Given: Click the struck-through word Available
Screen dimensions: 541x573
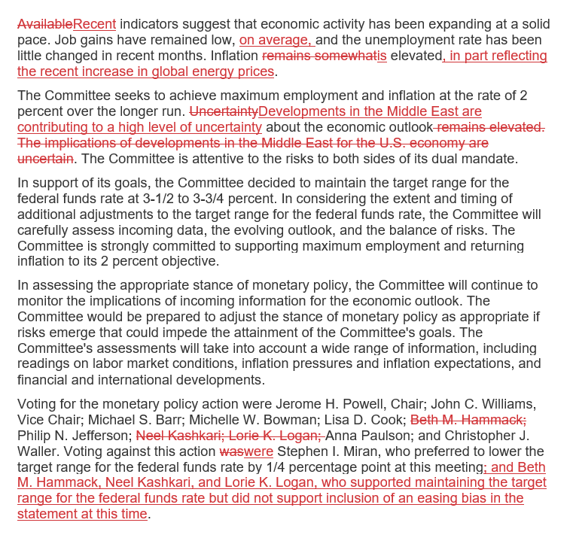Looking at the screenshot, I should click(x=45, y=24).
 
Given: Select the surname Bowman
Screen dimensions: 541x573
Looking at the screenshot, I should click(x=301, y=420).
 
